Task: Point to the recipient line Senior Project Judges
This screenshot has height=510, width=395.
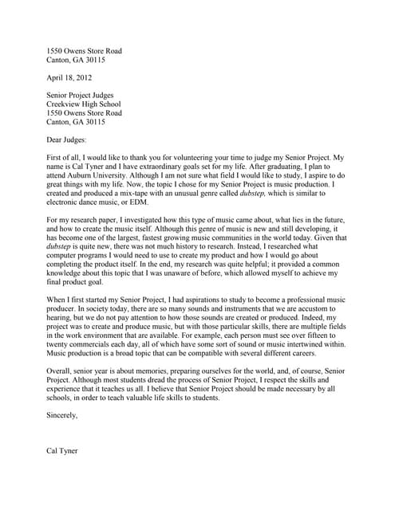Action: [x=85, y=95]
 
